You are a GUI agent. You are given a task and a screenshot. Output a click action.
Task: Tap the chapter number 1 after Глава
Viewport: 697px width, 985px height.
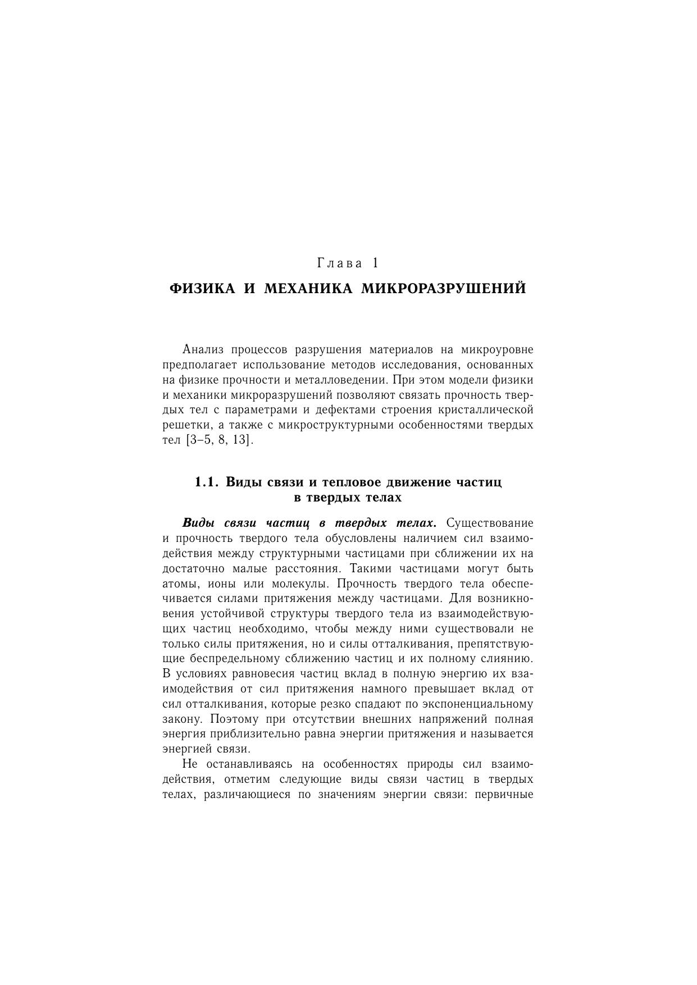(375, 263)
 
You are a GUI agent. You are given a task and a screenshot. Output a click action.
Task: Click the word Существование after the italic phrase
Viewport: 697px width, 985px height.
(490, 523)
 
